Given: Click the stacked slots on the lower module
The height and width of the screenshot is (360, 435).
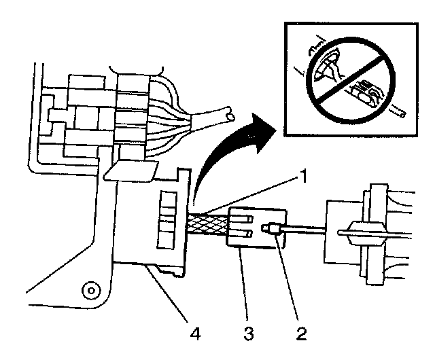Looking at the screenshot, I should click(164, 215).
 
